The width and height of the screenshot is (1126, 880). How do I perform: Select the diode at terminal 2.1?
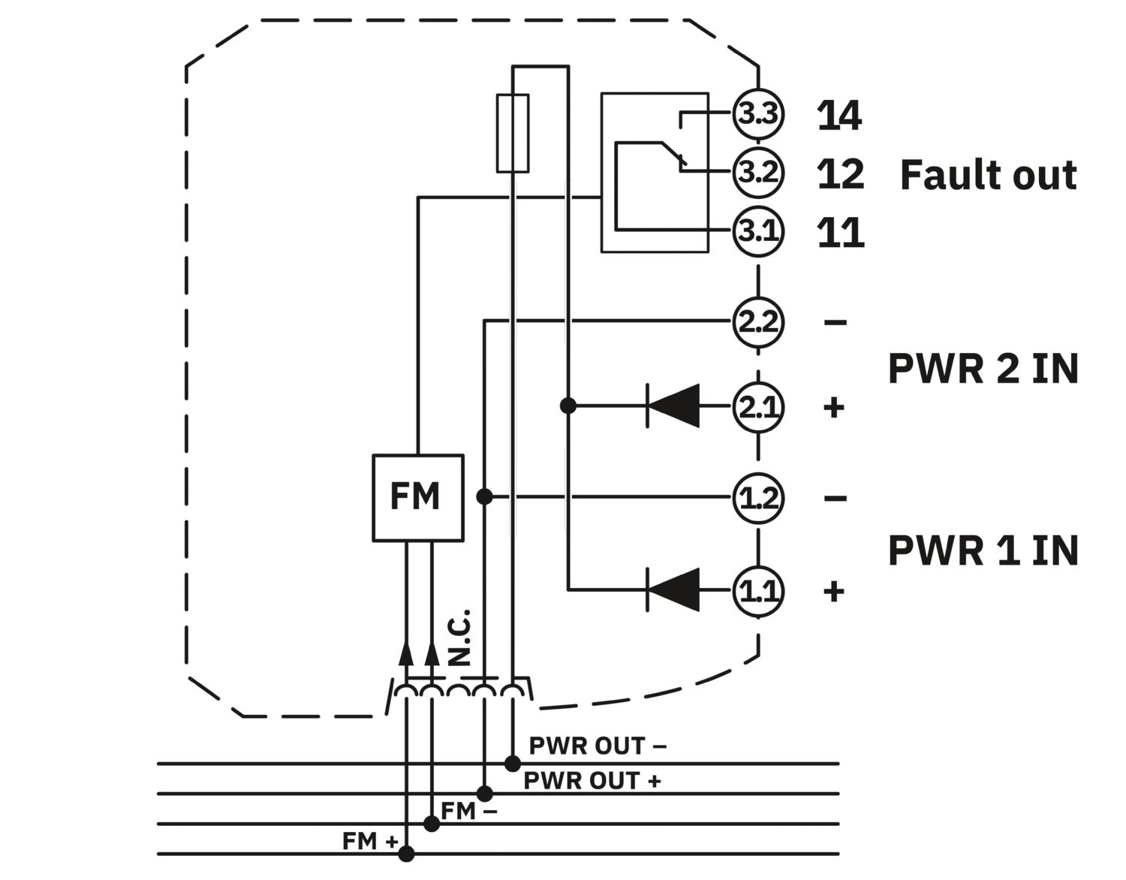point(673,405)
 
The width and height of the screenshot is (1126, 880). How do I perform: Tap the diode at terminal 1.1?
point(673,589)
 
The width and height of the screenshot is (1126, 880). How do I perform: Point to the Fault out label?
point(989,175)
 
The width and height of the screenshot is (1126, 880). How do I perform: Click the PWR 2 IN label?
point(983,369)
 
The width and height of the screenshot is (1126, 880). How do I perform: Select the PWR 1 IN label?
point(983,550)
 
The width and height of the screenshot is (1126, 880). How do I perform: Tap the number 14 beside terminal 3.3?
point(839,115)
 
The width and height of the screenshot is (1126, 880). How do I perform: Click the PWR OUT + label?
point(592,780)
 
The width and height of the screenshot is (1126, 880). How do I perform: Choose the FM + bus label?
point(370,841)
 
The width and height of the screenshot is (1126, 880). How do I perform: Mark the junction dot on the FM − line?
point(432,824)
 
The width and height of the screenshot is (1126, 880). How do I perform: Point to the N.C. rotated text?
point(459,637)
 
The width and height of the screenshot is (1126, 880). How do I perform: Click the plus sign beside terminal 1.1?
point(834,591)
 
